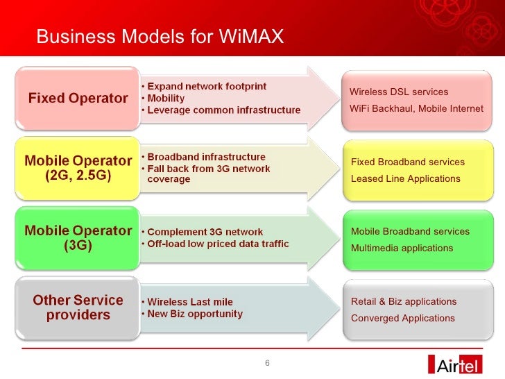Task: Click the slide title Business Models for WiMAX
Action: coord(160,35)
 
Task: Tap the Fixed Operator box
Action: coord(78,98)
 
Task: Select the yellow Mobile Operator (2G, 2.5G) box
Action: coord(78,168)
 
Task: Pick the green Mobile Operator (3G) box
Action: coord(78,237)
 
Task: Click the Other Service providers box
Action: coord(78,308)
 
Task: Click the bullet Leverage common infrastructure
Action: coord(223,110)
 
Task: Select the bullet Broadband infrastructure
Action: coord(205,157)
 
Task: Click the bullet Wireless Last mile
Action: coord(189,302)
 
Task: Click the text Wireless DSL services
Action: coord(399,92)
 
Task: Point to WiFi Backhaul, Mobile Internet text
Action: coord(416,109)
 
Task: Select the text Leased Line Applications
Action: coord(405,179)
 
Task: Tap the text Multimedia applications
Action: coord(402,249)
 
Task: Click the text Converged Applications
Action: coord(402,319)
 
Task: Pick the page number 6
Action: coord(267,363)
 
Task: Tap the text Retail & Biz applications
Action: coord(403,302)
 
